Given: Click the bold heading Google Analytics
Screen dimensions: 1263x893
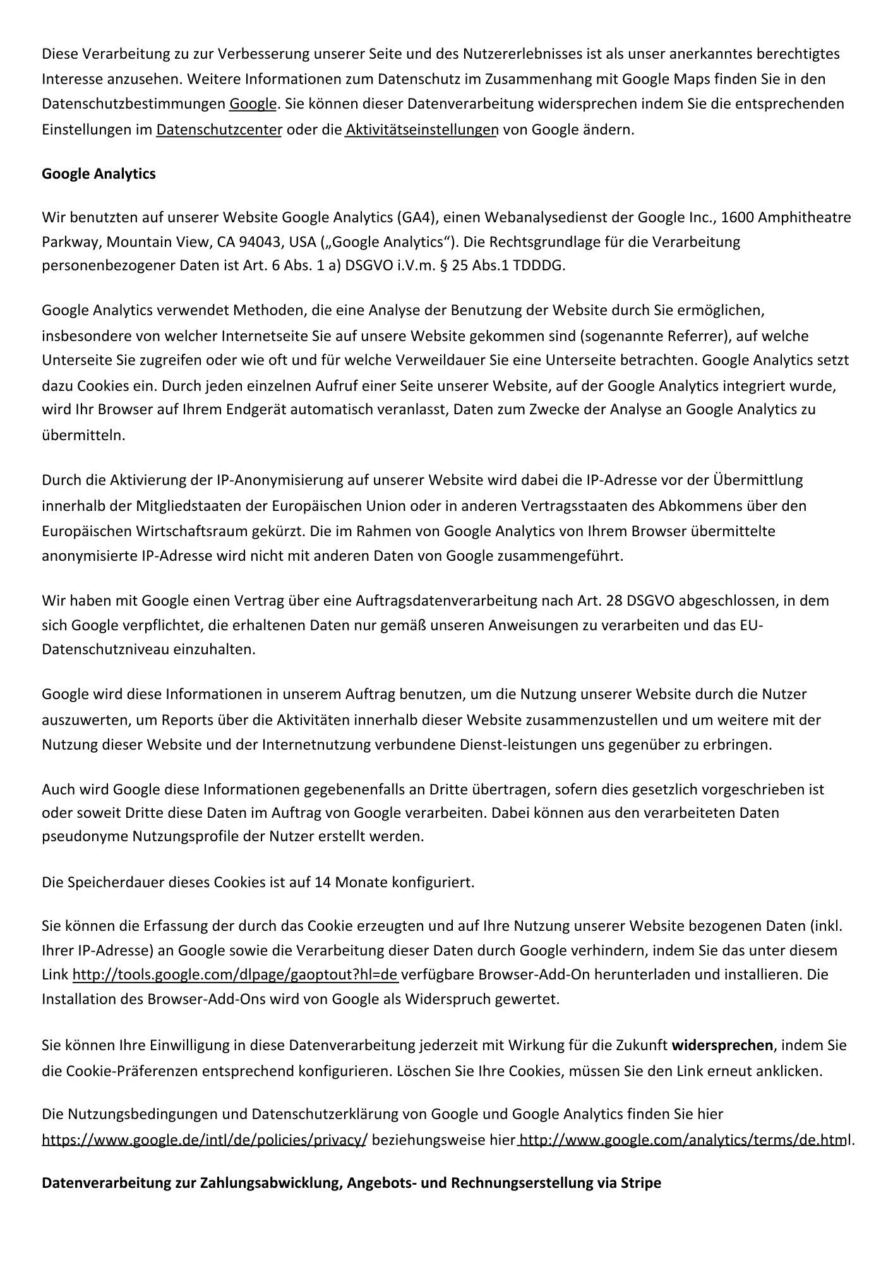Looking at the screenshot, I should point(99,174).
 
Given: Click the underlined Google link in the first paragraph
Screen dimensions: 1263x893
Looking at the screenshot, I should point(253,104).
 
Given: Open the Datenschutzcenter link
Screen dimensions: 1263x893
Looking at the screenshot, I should point(219,130).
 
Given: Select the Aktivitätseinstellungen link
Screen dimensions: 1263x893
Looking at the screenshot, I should point(422,130).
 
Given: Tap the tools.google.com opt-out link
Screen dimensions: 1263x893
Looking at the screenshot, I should point(235,975).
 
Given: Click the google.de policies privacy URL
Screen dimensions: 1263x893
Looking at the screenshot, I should point(204,1140).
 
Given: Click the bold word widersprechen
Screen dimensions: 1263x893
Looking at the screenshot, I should point(722,1045).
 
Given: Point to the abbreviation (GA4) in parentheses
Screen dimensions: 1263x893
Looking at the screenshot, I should point(414,218).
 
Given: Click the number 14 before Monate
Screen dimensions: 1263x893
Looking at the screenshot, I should point(323,882).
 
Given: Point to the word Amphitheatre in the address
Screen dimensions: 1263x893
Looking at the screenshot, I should point(804,218).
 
